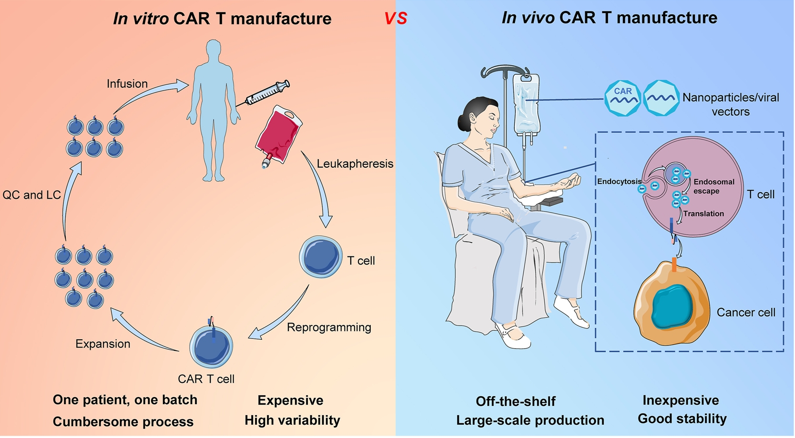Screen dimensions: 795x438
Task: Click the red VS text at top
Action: tap(396, 18)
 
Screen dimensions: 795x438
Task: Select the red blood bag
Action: tap(278, 136)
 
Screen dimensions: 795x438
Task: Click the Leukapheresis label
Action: tap(355, 163)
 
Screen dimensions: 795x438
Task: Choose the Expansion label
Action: tap(103, 344)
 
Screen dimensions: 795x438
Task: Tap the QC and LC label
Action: tap(31, 195)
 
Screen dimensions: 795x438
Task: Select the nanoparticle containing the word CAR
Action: tap(623, 98)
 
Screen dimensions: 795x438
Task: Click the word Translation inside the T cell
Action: tap(703, 214)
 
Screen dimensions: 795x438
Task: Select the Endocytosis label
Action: tap(619, 182)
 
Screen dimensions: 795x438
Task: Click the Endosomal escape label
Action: tap(713, 186)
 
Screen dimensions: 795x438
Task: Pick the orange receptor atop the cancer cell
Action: tap(674, 265)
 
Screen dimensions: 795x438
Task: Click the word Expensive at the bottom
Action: tap(290, 400)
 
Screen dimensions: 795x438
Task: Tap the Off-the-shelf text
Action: tap(515, 401)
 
